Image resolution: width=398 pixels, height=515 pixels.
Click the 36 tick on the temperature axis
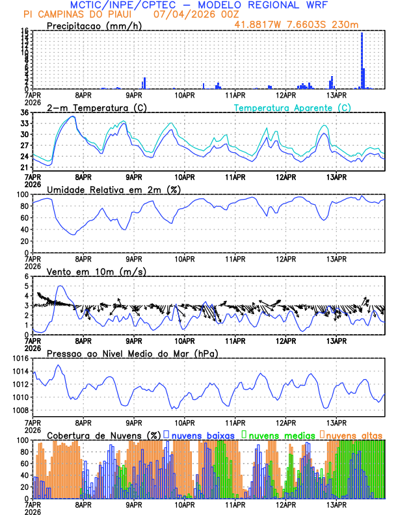coord(24,112)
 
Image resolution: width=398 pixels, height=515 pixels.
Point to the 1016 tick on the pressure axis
coord(20,358)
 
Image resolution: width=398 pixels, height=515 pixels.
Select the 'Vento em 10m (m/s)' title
coord(97,271)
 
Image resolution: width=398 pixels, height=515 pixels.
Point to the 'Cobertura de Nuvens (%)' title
coord(103,434)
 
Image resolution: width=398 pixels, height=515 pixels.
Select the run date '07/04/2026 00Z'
coord(196,14)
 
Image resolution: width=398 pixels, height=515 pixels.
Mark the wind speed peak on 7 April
coord(60,286)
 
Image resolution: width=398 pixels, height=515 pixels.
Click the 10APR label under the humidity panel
coord(185,259)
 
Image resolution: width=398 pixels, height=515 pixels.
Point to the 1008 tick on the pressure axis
coord(20,410)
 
